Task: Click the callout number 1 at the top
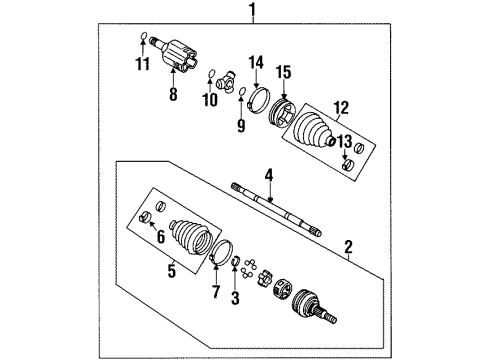point(253,11)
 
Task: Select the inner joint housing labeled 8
point(183,51)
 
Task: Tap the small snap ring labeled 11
point(142,41)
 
